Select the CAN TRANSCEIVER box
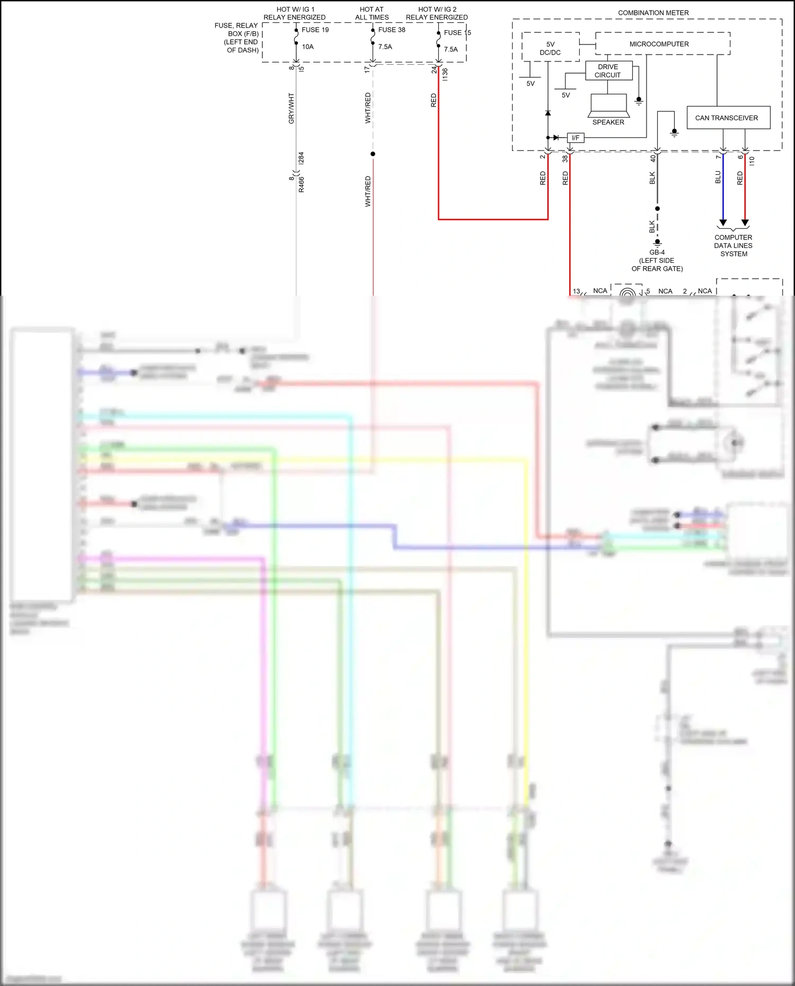coord(727,118)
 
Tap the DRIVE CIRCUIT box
coord(608,70)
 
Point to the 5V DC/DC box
coord(550,48)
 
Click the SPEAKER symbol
coord(608,105)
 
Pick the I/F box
coord(576,138)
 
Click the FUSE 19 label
coord(315,30)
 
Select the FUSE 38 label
coord(392,30)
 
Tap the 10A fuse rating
coord(308,47)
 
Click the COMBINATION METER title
coord(653,13)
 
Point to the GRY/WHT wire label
coord(291,109)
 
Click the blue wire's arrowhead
coord(723,223)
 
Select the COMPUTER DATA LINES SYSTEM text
coord(734,246)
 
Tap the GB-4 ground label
coord(657,253)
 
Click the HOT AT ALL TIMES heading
coord(372,13)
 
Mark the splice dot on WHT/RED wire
coord(373,154)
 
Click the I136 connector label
coord(445,75)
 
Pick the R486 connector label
coord(301,184)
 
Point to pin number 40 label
coord(653,157)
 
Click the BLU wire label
coord(718,177)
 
